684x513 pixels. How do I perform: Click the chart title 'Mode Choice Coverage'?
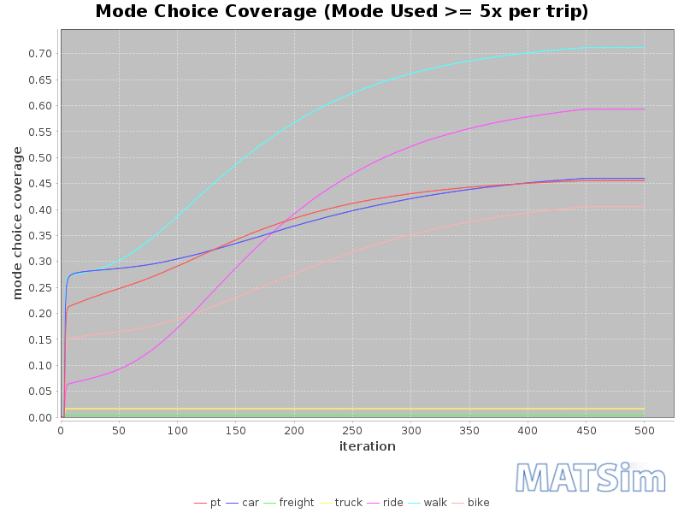coord(341,12)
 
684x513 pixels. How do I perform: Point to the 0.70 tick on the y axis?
coord(39,54)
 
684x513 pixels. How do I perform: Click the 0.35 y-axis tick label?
coord(39,236)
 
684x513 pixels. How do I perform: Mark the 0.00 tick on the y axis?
coord(39,417)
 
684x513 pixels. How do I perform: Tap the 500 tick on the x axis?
coord(645,431)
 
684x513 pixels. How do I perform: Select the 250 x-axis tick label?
coord(352,431)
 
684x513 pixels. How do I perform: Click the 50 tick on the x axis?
coord(118,431)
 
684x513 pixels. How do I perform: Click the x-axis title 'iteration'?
coord(367,446)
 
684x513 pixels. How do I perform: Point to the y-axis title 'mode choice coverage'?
coord(17,222)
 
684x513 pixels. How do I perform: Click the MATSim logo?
coord(591,477)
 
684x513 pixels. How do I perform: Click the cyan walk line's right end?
coord(644,48)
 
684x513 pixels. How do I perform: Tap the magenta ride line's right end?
coord(644,109)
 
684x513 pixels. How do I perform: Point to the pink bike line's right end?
coord(644,206)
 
